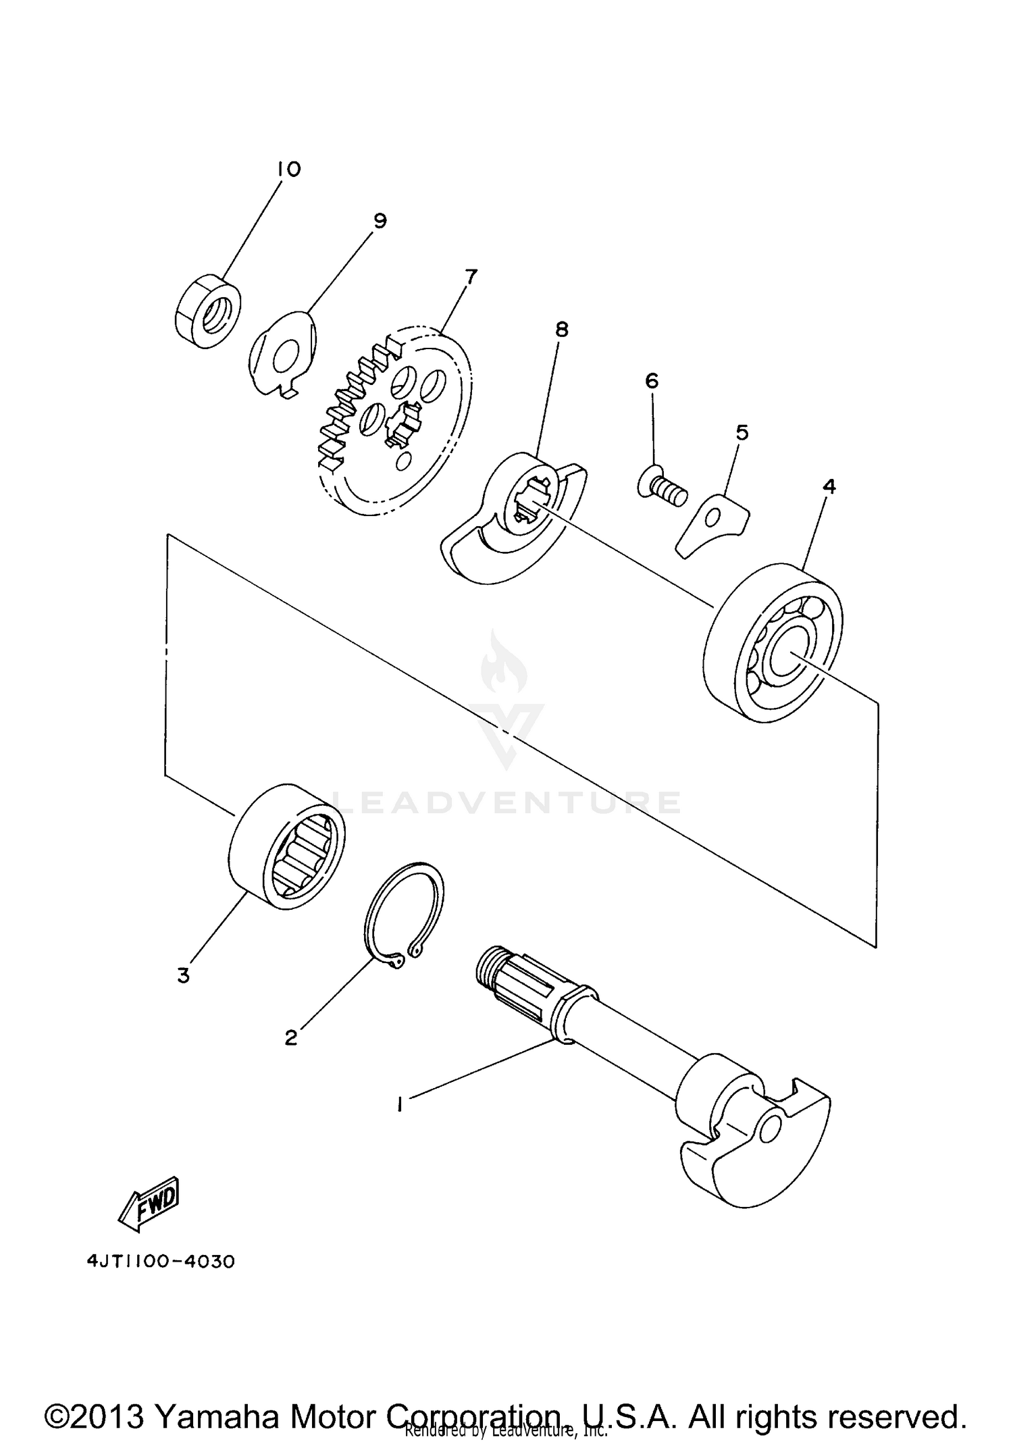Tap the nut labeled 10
coord(207,312)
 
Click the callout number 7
coord(471,277)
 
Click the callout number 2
coord(291,1038)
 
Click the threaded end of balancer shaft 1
coord(488,967)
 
